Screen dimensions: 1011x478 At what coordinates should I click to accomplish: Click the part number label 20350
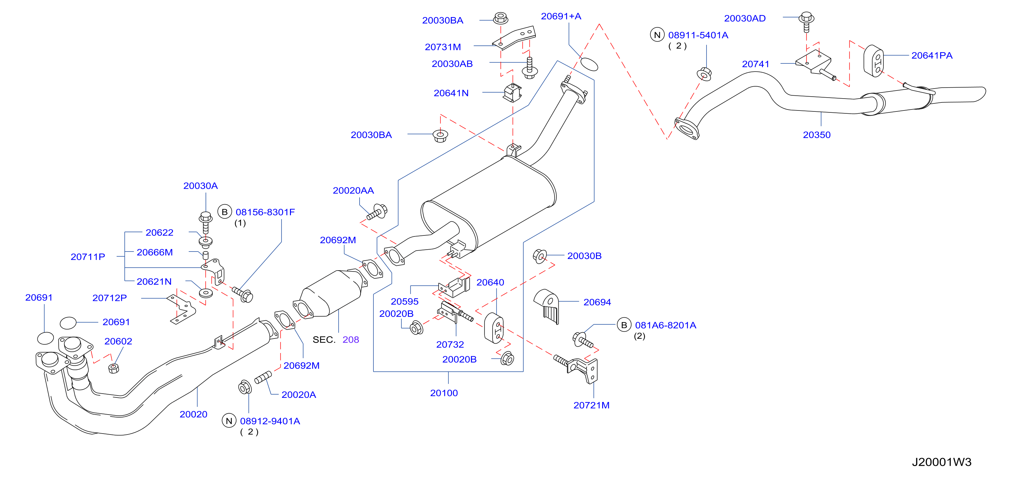click(x=816, y=135)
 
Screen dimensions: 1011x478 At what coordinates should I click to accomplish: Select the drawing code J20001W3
click(x=941, y=462)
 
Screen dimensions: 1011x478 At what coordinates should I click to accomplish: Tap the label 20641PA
click(x=932, y=56)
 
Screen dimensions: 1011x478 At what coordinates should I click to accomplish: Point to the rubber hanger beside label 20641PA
click(x=874, y=61)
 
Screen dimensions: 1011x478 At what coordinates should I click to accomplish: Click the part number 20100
click(x=444, y=393)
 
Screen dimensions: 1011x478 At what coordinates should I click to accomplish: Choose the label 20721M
click(x=592, y=406)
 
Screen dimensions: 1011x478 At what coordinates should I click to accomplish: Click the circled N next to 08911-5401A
click(x=657, y=35)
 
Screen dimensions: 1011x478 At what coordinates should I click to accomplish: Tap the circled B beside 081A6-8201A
click(x=624, y=325)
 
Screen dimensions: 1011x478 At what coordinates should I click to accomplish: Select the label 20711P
click(x=88, y=257)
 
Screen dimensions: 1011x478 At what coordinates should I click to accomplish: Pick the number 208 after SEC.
click(x=351, y=340)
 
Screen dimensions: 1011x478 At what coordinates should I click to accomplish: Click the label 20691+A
click(x=561, y=16)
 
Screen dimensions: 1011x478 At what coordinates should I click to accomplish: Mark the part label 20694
click(x=597, y=302)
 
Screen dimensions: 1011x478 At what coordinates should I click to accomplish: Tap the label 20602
click(x=118, y=341)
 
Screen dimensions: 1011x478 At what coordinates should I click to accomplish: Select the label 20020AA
click(x=353, y=191)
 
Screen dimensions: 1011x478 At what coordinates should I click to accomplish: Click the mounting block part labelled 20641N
click(x=513, y=93)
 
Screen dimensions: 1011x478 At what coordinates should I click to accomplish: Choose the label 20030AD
click(x=745, y=18)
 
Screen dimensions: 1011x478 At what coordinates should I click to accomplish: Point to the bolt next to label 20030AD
click(x=806, y=22)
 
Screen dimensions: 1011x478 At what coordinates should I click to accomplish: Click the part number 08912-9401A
click(x=270, y=421)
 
